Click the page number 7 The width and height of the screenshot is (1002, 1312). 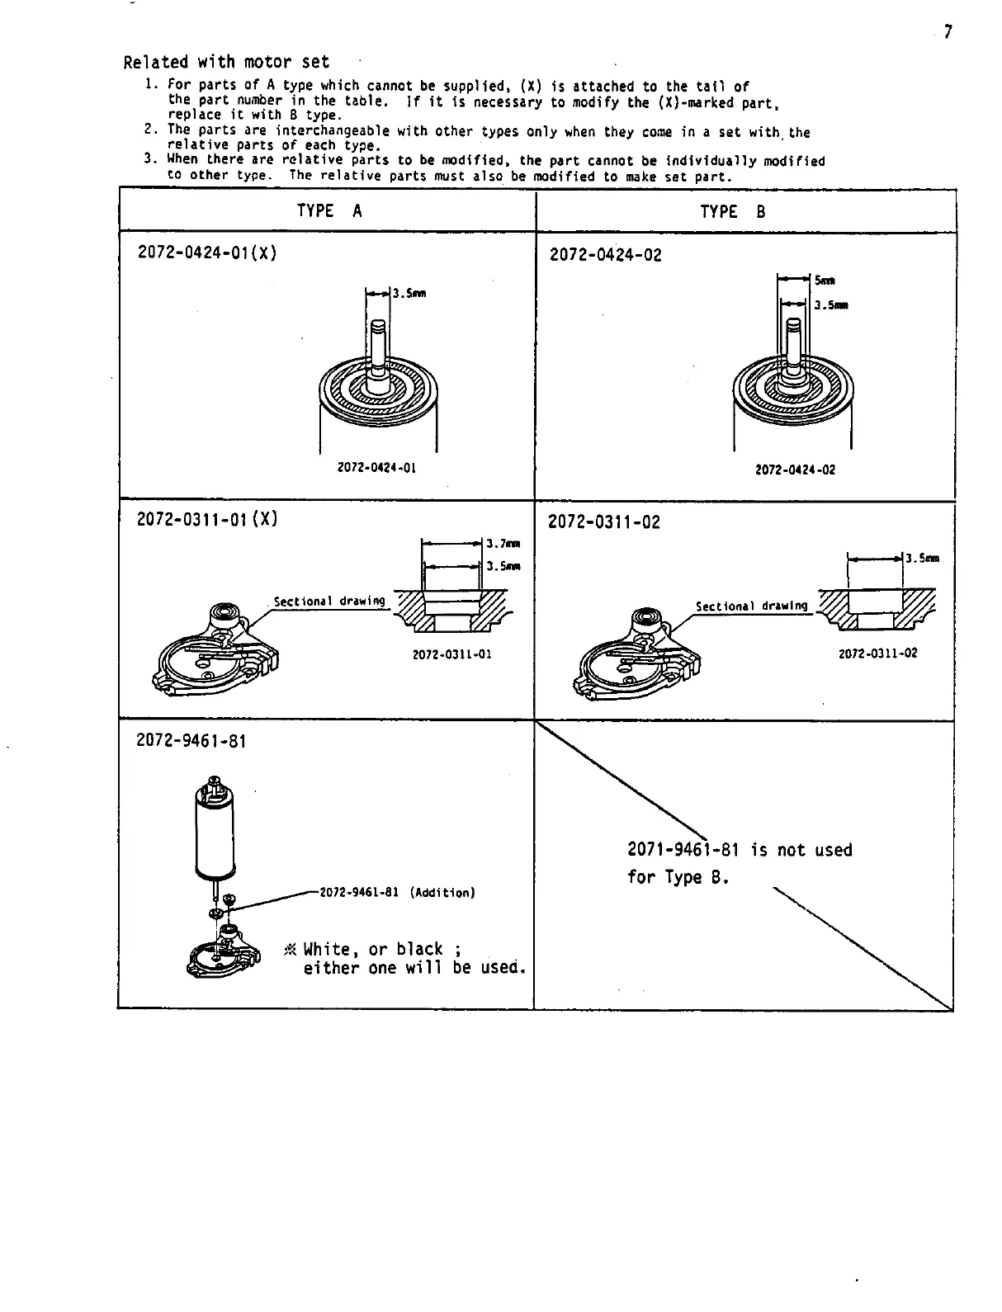pyautogui.click(x=948, y=32)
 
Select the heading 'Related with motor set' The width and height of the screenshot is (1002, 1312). pyautogui.click(x=226, y=62)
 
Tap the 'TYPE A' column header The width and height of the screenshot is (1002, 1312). pyautogui.click(x=328, y=211)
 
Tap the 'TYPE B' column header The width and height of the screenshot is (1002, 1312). pyautogui.click(x=733, y=212)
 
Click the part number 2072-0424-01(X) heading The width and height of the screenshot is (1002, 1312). pyautogui.click(x=206, y=252)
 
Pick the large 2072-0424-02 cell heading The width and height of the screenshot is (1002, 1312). pyautogui.click(x=605, y=255)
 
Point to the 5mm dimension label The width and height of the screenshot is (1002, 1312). pyautogui.click(x=824, y=281)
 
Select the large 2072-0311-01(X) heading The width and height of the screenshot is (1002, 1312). pyautogui.click(x=206, y=520)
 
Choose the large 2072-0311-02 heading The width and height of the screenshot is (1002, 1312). pyautogui.click(x=604, y=522)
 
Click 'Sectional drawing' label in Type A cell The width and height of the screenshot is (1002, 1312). pyautogui.click(x=329, y=602)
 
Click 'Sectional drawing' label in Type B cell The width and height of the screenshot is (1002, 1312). pyautogui.click(x=751, y=606)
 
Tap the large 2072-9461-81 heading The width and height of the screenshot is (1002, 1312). pyautogui.click(x=191, y=741)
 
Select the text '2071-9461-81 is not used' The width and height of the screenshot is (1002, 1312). pyautogui.click(x=740, y=850)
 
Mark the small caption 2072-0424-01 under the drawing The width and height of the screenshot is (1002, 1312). pyautogui.click(x=377, y=468)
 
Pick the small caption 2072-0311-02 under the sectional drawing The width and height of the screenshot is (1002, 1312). pyautogui.click(x=877, y=654)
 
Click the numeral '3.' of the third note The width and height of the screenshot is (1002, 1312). pyautogui.click(x=149, y=159)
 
